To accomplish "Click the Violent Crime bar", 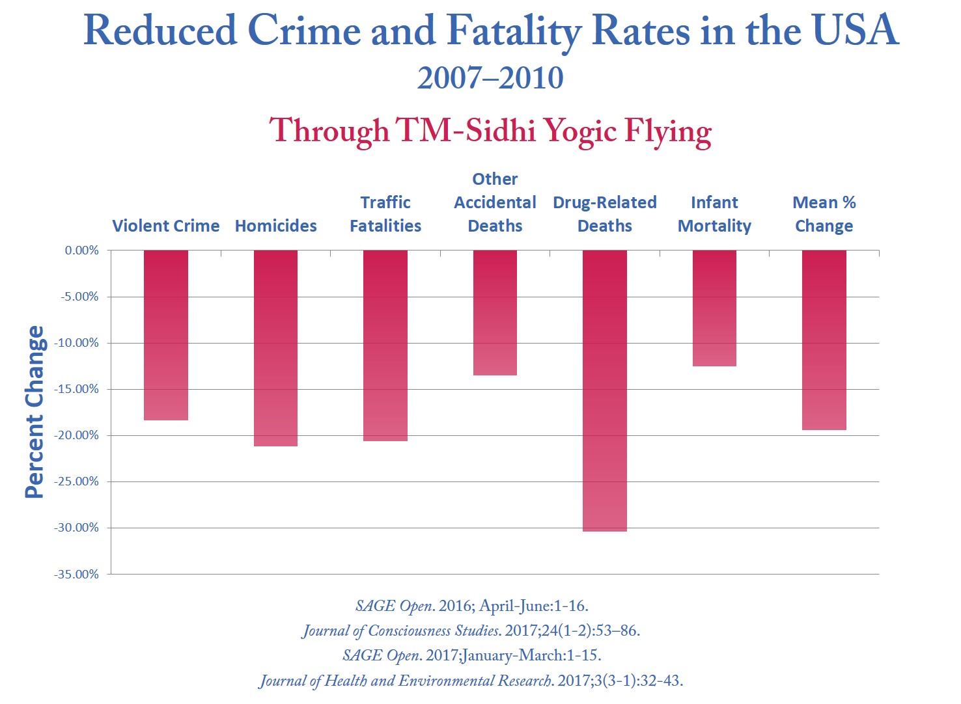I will tap(166, 335).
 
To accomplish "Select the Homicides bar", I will tap(275, 348).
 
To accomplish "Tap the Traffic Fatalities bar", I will tap(385, 345).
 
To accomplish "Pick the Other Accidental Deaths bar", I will tap(495, 313).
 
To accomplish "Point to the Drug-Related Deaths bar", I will tap(605, 390).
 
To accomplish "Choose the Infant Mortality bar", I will tap(714, 308).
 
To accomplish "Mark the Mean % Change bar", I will tap(824, 340).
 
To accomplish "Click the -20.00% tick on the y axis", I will tap(76, 435).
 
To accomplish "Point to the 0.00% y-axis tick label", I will tap(81, 250).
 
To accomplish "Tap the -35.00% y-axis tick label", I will tap(76, 575).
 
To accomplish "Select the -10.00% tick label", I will tap(76, 343).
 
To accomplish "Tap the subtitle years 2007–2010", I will tap(490, 78).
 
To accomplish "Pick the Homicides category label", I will tap(275, 226).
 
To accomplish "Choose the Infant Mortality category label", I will tap(714, 214).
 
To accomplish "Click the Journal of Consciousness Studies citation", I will tap(471, 630).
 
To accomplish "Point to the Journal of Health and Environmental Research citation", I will tap(471, 681).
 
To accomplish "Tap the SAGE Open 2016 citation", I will tap(471, 606).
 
